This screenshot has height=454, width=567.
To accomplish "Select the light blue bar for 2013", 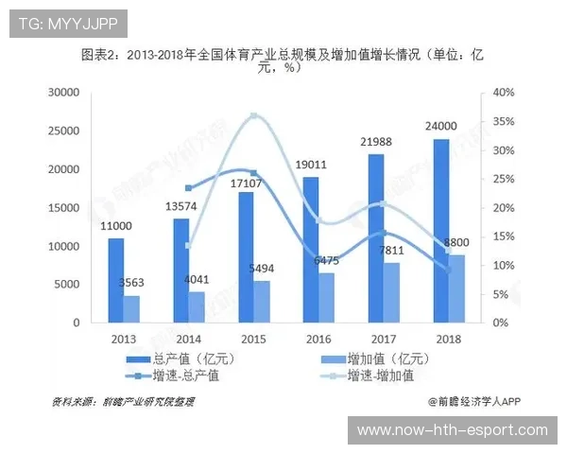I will point(131,308).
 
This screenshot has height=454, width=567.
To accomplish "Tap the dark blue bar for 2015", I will point(246,256).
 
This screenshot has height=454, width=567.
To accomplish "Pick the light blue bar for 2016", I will point(326,297).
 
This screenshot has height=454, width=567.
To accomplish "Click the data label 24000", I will point(440,126).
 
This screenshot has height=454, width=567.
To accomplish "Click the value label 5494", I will point(262,269).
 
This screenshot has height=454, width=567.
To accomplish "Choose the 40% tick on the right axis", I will point(502,93).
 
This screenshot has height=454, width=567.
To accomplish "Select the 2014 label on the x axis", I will point(188,339).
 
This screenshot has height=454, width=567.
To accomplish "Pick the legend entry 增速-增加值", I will point(379,375).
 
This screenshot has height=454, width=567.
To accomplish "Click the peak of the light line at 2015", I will point(253,115).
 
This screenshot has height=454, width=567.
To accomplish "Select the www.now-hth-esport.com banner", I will point(452,430).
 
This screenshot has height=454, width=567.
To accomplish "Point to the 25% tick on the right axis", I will point(502,179).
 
